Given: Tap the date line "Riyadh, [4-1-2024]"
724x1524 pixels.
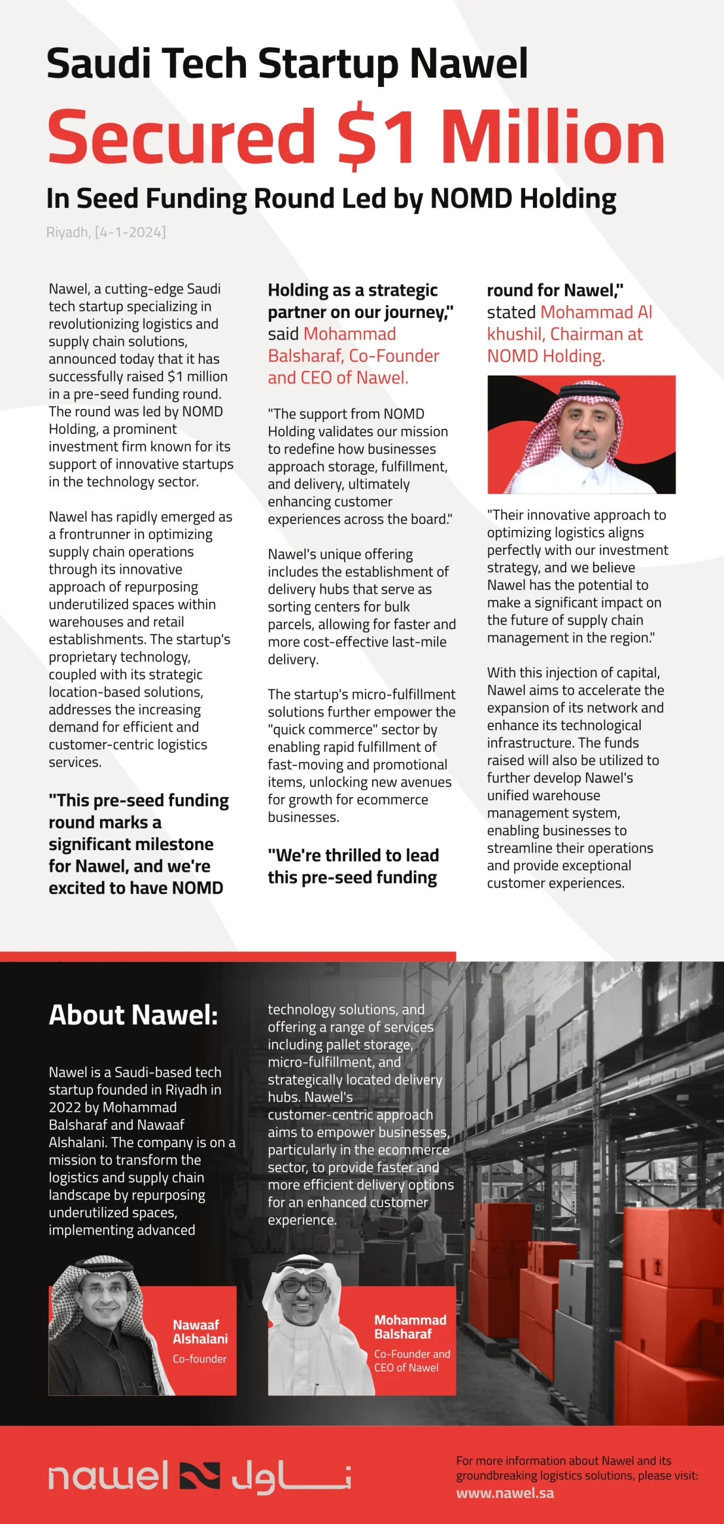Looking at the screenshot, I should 106,232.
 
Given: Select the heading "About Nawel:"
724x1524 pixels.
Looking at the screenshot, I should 133,1015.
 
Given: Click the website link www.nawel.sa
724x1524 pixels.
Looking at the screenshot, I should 505,1493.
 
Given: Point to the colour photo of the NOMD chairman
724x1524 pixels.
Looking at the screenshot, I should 581,435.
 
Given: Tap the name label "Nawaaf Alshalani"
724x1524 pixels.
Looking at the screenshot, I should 200,1332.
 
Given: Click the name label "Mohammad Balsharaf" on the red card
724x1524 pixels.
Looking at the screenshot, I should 410,1327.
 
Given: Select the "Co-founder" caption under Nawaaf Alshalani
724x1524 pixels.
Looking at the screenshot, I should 199,1359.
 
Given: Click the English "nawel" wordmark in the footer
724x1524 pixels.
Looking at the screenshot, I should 108,1476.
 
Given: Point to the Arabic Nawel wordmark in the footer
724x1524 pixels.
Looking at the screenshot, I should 291,1477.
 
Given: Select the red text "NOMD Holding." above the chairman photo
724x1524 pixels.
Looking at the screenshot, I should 545,356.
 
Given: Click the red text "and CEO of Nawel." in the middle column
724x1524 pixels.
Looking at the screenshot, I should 338,378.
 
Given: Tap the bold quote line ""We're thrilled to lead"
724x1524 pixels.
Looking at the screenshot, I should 353,855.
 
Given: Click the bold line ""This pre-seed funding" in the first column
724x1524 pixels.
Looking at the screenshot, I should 139,801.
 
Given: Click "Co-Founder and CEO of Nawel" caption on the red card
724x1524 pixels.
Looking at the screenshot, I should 412,1361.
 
